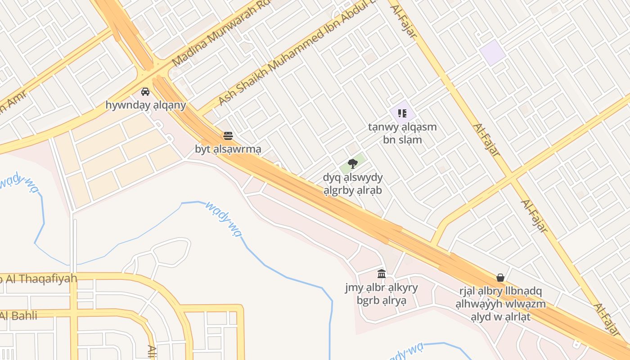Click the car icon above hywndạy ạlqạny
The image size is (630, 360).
145,92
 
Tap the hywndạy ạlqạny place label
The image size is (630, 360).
145,105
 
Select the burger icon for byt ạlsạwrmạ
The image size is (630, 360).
228,135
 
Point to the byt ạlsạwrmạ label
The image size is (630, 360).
228,148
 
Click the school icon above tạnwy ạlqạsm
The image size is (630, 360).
402,113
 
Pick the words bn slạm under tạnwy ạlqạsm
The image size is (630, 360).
402,139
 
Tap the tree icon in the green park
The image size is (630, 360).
352,164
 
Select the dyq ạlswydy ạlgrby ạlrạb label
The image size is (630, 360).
352,184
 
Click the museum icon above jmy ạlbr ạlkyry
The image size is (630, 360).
382,274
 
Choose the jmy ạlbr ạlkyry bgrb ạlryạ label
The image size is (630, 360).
382,294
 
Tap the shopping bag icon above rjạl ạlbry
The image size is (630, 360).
500,278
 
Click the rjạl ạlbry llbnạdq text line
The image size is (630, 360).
500,291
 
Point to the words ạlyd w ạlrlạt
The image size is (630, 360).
500,317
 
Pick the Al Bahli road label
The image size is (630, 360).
18,315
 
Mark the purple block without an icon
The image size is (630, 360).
493,52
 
